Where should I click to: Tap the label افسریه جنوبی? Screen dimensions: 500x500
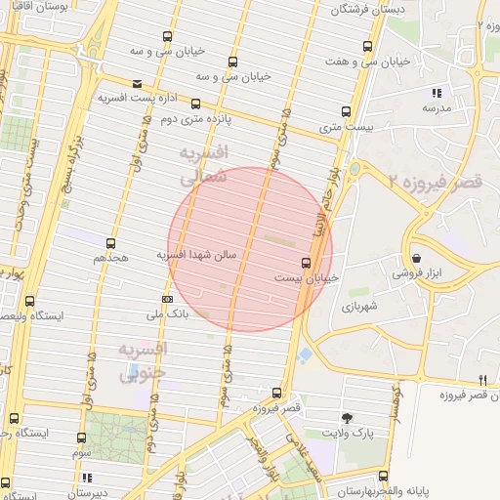(x=144, y=359)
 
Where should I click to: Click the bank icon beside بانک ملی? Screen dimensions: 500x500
(x=167, y=299)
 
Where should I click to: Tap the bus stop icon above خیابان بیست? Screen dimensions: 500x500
(x=307, y=262)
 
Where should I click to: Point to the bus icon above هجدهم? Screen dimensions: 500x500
(x=110, y=243)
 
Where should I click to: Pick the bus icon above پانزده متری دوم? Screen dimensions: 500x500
(x=195, y=103)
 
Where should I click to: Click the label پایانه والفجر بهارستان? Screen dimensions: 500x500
(x=396, y=494)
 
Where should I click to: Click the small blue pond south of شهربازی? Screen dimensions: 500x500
(x=307, y=353)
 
